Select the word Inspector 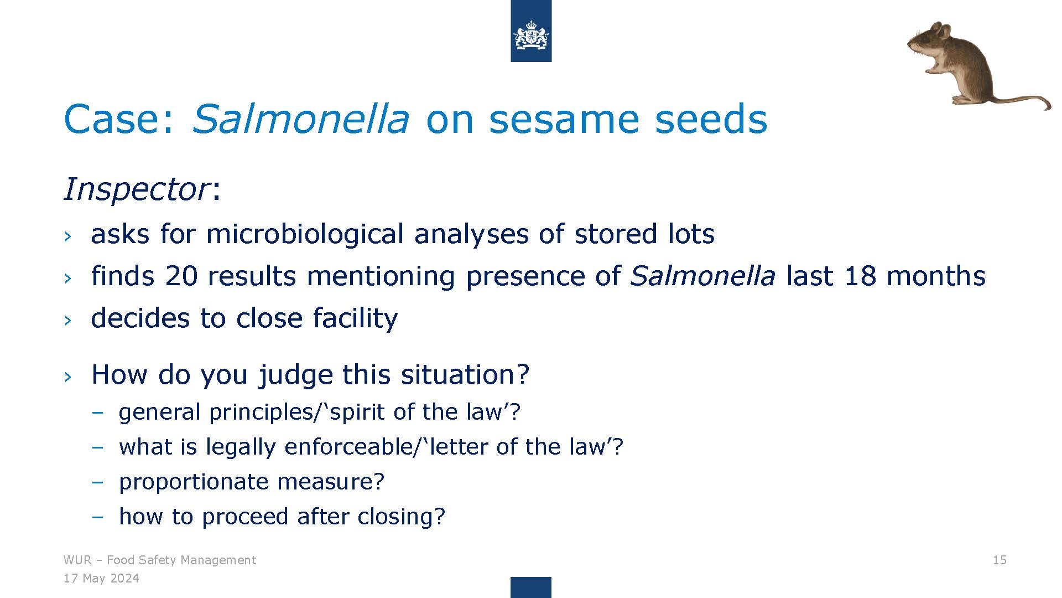(137, 189)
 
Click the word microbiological (305, 234)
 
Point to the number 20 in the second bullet (181, 276)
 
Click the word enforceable (349, 446)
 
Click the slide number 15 (999, 560)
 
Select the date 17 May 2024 (101, 579)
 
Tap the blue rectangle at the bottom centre (531, 587)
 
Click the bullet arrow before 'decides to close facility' (67, 320)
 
